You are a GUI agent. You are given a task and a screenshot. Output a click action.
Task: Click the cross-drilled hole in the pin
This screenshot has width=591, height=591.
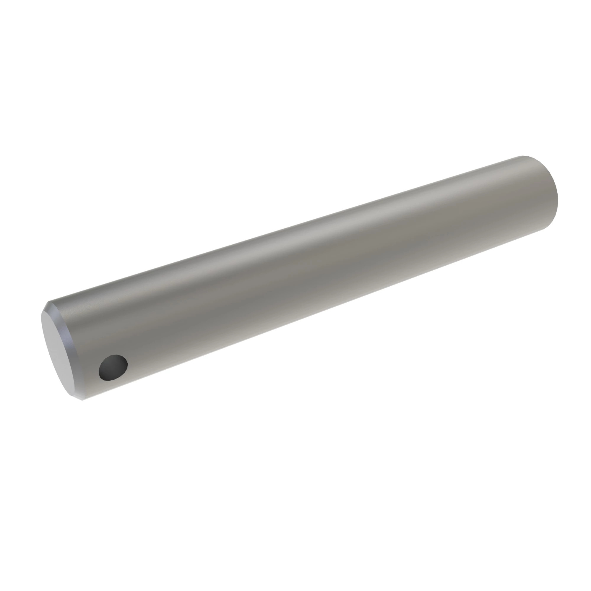pos(113,368)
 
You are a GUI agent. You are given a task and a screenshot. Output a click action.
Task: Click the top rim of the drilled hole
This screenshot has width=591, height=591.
pos(114,355)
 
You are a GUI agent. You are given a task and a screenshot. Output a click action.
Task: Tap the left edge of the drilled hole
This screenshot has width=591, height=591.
pos(99,371)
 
